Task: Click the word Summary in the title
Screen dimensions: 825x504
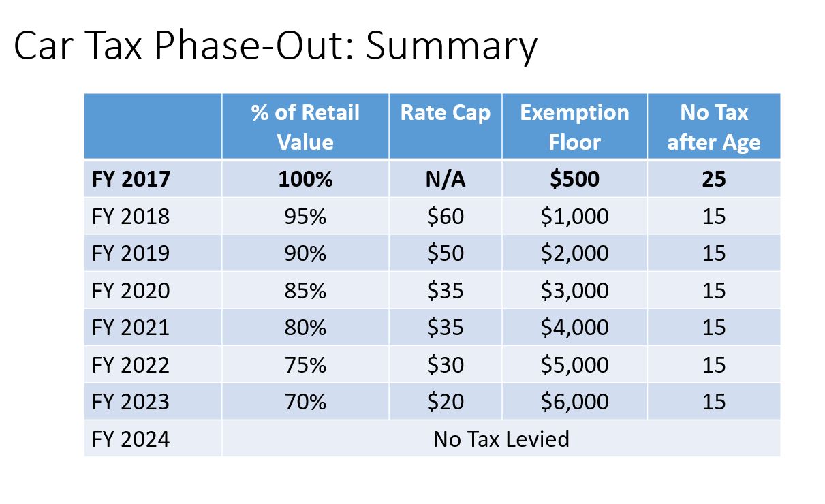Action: coord(452,47)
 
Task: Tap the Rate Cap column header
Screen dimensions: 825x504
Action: coord(446,112)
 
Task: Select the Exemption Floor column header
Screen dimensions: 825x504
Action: coord(574,127)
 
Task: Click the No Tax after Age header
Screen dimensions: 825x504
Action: coord(714,127)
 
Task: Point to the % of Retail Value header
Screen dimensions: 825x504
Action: coord(305,127)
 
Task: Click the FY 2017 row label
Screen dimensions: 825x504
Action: coord(131,179)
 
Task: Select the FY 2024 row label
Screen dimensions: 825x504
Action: coord(131,439)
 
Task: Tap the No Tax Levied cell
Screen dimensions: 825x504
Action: coord(501,439)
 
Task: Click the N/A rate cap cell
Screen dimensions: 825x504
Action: coord(446,179)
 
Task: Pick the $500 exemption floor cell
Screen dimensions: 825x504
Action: coord(574,179)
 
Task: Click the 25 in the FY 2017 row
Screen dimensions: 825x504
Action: coord(714,179)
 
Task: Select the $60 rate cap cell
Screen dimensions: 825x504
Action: coord(446,217)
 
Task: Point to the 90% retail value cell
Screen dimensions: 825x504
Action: coord(305,253)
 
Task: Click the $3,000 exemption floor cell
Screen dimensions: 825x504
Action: coord(574,291)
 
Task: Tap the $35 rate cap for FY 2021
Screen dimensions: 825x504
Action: coord(446,328)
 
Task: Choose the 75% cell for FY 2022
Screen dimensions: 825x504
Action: coord(305,365)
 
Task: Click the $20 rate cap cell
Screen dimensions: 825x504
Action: coord(446,402)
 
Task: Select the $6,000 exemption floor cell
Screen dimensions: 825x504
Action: coord(574,402)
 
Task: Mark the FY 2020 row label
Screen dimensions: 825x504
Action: coord(131,291)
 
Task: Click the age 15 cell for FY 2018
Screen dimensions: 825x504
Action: coord(714,217)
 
